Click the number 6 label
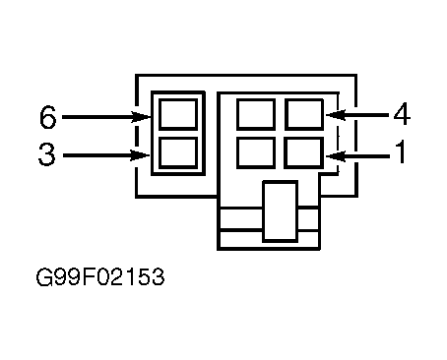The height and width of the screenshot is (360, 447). point(48,117)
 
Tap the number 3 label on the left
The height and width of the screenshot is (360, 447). point(47,154)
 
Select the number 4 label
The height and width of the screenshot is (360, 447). point(402,114)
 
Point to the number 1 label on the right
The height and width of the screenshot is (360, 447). point(400,151)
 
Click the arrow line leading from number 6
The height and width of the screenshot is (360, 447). point(106,117)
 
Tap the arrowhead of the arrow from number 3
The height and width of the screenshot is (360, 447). point(140,155)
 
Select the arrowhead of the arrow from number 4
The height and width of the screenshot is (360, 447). point(336,115)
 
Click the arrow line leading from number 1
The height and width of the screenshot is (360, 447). point(357,156)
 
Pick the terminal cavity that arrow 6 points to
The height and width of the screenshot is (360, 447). point(178,114)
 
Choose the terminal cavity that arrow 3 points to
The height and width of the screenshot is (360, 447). point(178,153)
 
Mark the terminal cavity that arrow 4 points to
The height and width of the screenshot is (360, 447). point(304,114)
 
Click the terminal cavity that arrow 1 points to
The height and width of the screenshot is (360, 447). point(304,153)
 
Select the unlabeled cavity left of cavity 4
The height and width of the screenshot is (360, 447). point(256,114)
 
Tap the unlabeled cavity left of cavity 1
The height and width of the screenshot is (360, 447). point(256,153)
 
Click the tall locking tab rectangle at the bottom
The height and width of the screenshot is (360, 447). point(281,211)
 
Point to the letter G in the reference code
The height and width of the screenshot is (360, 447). point(44,277)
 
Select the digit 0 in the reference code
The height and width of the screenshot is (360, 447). point(102,277)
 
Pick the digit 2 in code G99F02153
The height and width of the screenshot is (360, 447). point(118,277)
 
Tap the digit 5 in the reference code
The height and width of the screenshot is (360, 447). point(143,277)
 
